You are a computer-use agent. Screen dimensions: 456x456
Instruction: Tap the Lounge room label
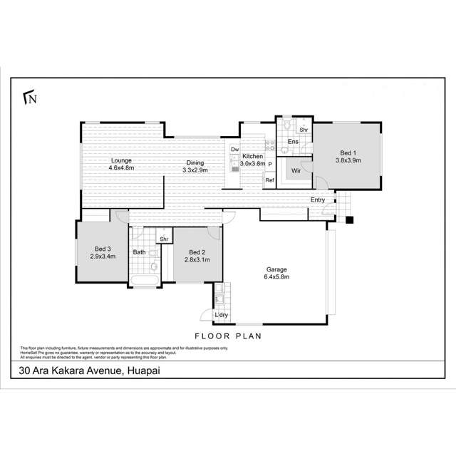coord(121,161)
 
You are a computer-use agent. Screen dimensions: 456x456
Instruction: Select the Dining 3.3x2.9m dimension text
coord(195,170)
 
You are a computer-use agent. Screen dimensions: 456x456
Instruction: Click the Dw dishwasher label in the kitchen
coord(234,149)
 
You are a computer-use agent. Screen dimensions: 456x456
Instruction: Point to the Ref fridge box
coord(269,180)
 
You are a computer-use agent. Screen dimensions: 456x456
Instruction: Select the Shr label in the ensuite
coord(303,130)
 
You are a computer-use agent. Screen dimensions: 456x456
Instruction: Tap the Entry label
coord(318,199)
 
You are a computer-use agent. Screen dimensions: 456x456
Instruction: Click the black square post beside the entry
coord(349,219)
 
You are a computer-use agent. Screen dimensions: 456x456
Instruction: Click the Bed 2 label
coord(197,252)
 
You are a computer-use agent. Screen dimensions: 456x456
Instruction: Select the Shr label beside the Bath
coord(163,239)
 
